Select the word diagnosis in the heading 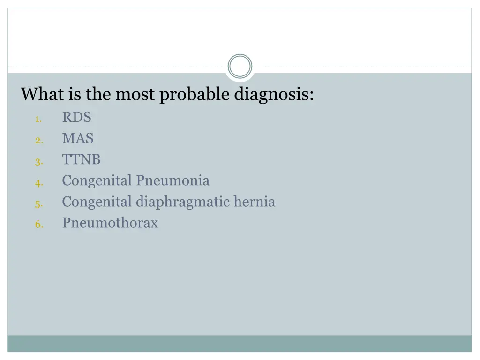[x=274, y=95]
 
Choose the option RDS [x=76, y=117]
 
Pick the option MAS [x=78, y=138]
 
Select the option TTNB [x=81, y=159]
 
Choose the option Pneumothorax [x=110, y=223]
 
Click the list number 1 [x=38, y=120]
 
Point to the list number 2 [x=38, y=141]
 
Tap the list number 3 [x=38, y=162]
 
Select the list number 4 [x=38, y=183]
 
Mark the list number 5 [x=38, y=204]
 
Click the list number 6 [x=38, y=225]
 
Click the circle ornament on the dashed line [x=240, y=67]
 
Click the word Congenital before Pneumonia [x=97, y=180]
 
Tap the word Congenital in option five [x=97, y=202]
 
